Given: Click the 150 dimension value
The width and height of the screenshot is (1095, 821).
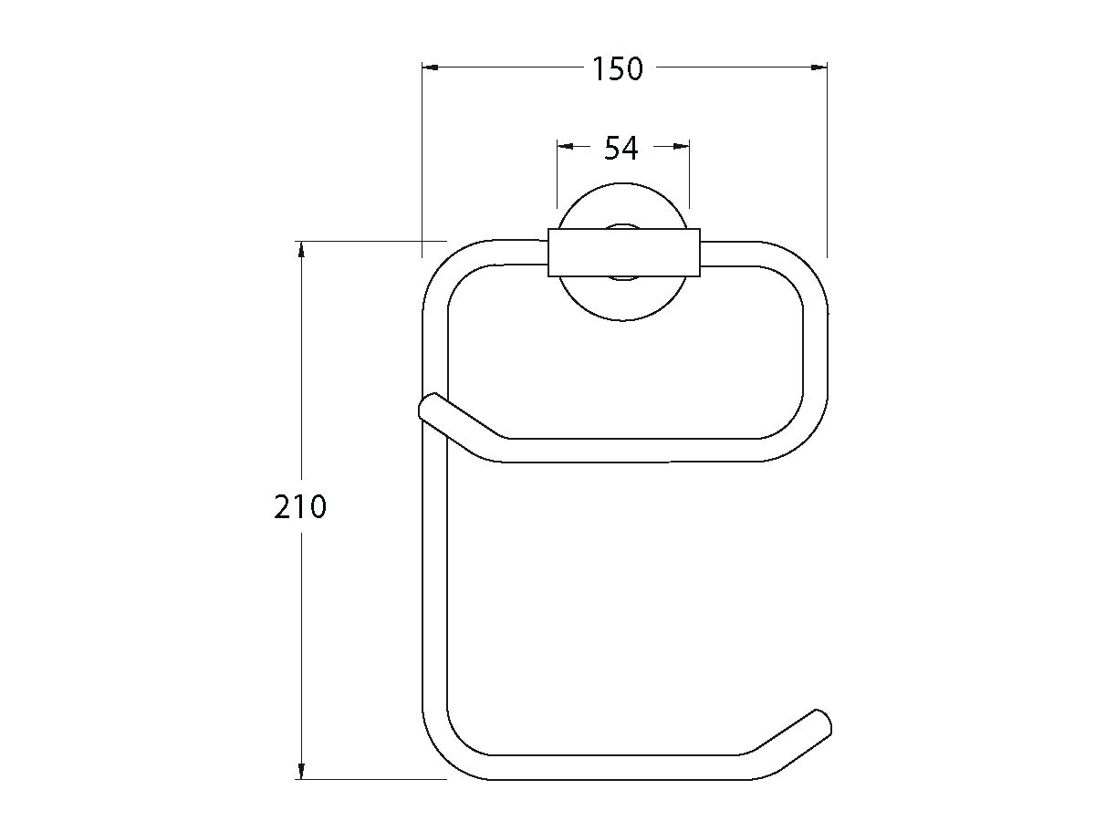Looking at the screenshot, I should tap(618, 68).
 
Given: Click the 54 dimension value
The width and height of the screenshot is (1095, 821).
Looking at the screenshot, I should tap(621, 148).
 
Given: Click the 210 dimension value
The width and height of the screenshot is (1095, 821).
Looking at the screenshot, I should tap(299, 506).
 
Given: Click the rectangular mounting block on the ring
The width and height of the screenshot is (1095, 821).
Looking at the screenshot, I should tap(623, 252).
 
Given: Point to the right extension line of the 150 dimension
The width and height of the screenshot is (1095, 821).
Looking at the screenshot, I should tap(827, 164).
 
